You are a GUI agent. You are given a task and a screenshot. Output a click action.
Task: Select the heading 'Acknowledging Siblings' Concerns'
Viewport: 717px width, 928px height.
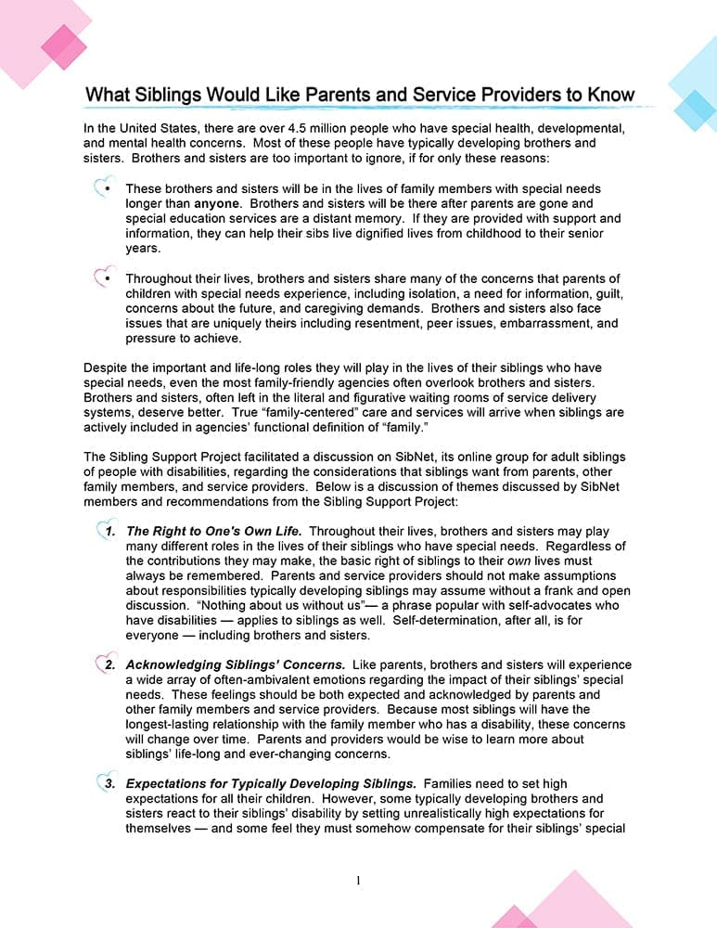(236, 664)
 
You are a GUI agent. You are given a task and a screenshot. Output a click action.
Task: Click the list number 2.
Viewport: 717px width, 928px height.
(109, 664)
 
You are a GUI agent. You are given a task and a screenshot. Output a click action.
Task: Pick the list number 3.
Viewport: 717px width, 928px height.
(109, 783)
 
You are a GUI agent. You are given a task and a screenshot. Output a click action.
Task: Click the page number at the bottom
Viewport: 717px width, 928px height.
(358, 881)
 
